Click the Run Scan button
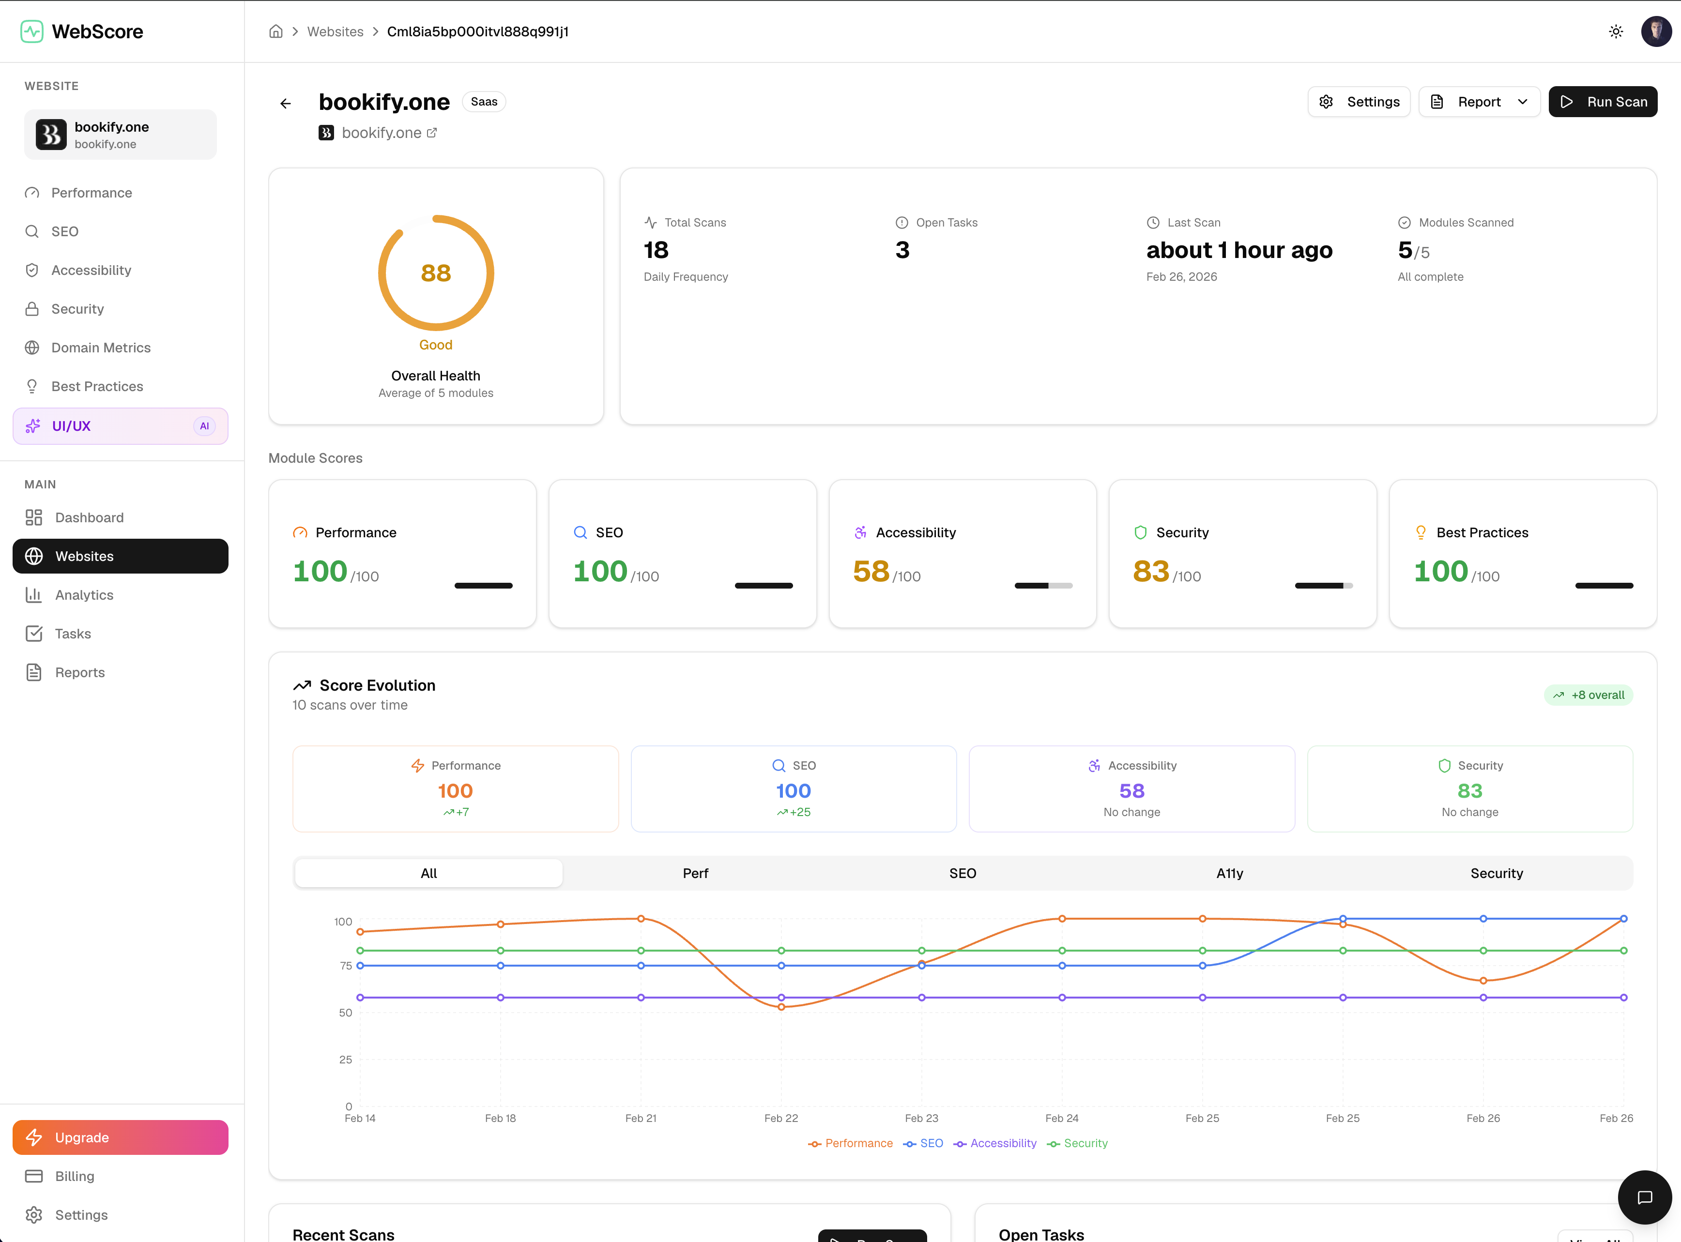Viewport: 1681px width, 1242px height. tap(1602, 102)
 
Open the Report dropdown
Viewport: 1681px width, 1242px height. tap(1479, 102)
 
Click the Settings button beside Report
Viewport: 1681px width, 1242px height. tap(1359, 102)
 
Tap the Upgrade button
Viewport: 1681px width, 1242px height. tap(121, 1137)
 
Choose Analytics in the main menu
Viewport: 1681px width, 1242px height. tap(84, 595)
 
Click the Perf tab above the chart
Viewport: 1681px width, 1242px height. tap(695, 873)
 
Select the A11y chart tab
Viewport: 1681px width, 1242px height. tap(1229, 873)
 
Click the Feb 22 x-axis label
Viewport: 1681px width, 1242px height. tap(780, 1119)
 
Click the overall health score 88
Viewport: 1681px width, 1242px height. tap(435, 273)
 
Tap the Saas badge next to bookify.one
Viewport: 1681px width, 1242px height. tap(484, 102)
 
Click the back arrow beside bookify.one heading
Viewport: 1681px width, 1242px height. tap(286, 104)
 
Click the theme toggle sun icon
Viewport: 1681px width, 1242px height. tap(1616, 31)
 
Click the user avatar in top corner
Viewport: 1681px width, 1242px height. tap(1655, 31)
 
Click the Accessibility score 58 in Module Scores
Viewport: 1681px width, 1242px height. tap(871, 571)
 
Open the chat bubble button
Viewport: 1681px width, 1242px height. tap(1644, 1197)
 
